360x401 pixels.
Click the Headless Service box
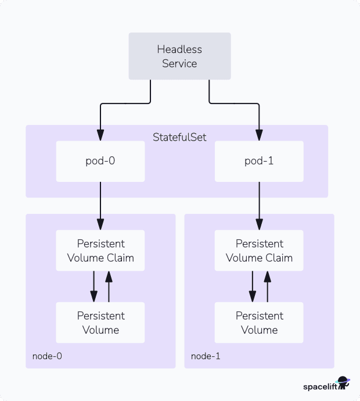[179, 56]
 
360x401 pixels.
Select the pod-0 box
[100, 161]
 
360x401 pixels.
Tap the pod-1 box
[259, 161]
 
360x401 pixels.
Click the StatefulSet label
[179, 137]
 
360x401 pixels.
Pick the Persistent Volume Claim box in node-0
[100, 250]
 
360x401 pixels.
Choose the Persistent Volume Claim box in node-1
[259, 250]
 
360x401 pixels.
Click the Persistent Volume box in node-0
[100, 323]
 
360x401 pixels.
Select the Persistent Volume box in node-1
[259, 323]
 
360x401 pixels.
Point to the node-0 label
[46, 356]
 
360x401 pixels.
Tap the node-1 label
[205, 356]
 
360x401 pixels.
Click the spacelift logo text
[319, 386]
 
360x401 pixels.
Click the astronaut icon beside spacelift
[343, 384]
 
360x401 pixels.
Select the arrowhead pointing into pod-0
[100, 136]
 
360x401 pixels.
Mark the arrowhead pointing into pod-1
[259, 136]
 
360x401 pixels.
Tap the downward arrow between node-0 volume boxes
[93, 287]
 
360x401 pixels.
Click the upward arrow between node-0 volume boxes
[109, 287]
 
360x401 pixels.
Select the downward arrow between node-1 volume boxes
[252, 287]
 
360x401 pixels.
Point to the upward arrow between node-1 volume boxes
[267, 287]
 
